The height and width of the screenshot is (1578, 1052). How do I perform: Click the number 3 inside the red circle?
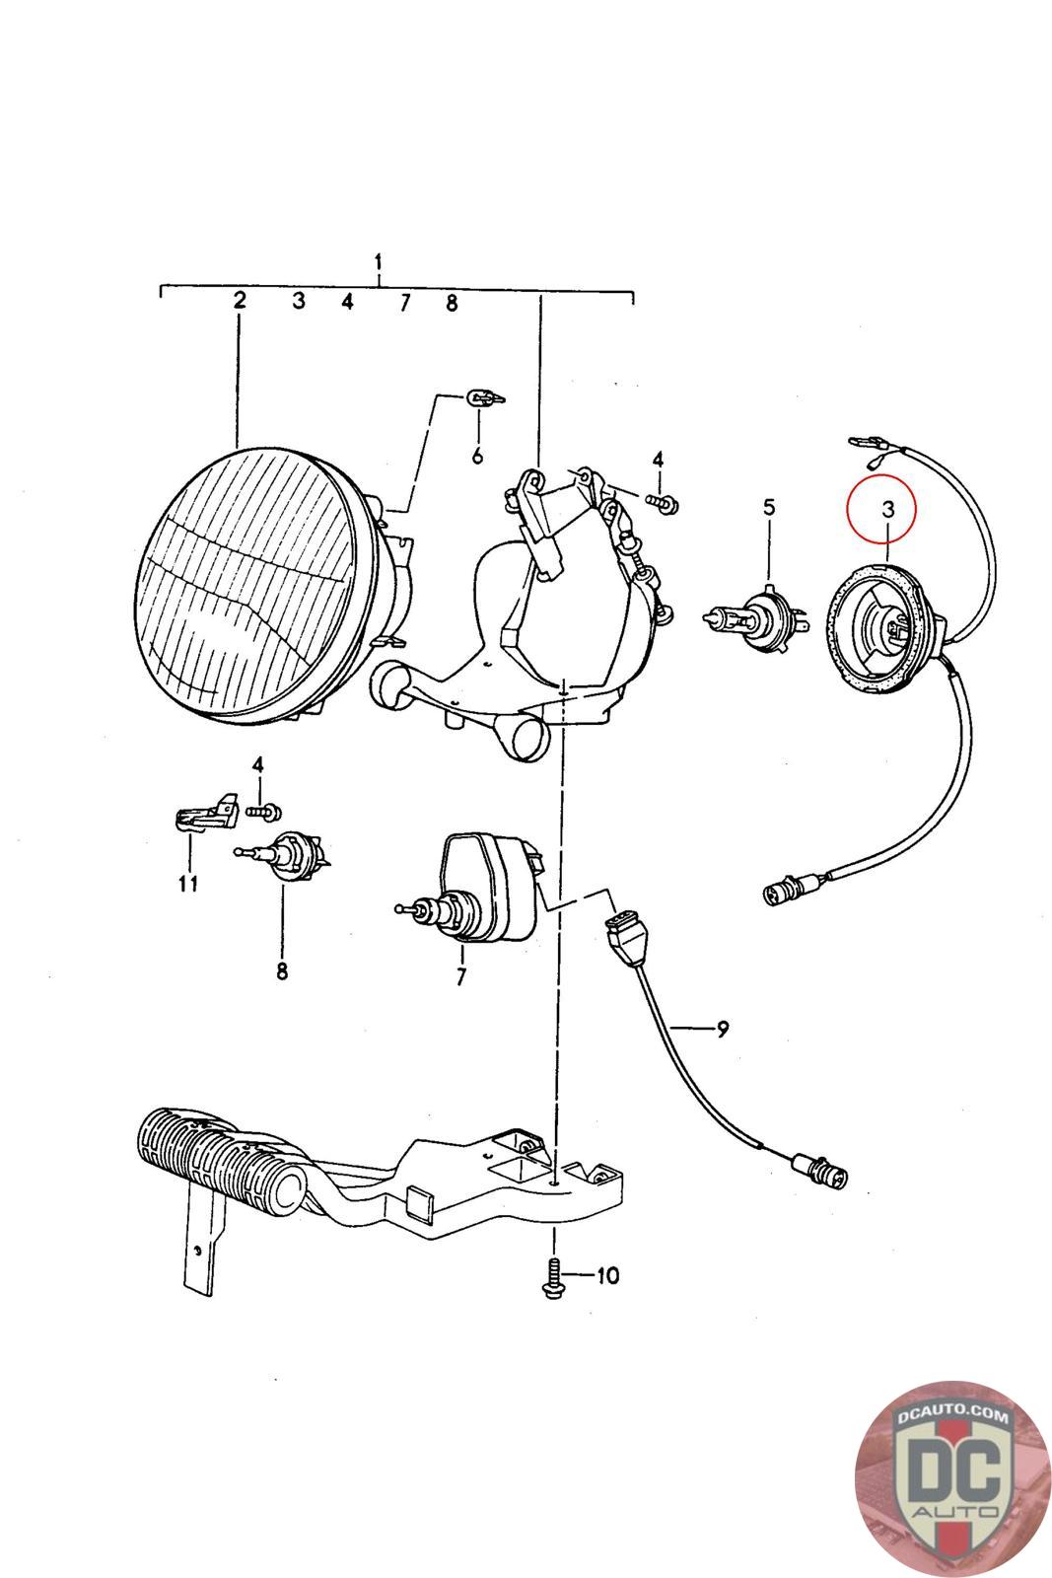[x=887, y=509]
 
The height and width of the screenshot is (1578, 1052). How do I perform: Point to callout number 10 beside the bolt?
[x=606, y=1276]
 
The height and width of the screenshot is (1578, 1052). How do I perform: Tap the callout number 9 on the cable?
[x=723, y=1029]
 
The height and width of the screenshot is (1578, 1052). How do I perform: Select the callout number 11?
[x=188, y=883]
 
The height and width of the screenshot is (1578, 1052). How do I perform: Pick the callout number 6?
[x=478, y=456]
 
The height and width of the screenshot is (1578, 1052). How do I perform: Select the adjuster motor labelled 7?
[x=483, y=888]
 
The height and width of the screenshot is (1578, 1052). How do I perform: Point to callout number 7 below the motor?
[x=460, y=976]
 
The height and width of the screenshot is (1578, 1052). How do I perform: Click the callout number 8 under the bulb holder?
[x=282, y=971]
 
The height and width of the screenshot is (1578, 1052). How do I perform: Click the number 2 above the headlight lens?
[x=240, y=301]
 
